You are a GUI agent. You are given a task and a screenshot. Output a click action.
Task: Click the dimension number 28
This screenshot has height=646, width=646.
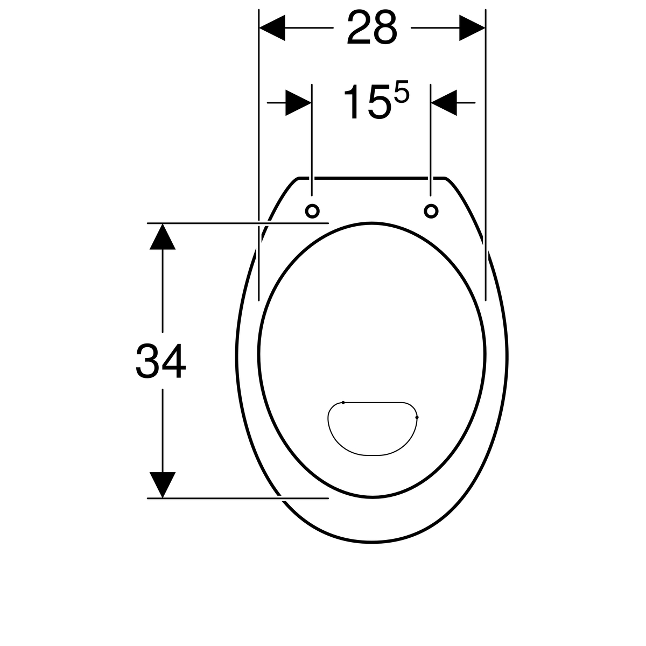coord(372,27)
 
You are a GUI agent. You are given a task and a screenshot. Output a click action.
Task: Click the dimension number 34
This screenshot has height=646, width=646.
coord(160,361)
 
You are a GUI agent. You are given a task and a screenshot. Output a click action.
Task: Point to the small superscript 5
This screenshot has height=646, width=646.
coord(402,91)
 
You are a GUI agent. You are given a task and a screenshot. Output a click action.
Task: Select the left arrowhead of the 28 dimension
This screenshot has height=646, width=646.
coord(272,28)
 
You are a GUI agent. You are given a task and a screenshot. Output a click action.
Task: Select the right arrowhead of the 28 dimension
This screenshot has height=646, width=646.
coord(472,28)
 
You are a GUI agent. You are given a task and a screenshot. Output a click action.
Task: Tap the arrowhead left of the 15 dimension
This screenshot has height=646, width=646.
coord(298,103)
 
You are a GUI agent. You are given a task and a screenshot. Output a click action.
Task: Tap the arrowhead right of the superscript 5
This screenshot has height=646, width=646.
coord(444,103)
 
